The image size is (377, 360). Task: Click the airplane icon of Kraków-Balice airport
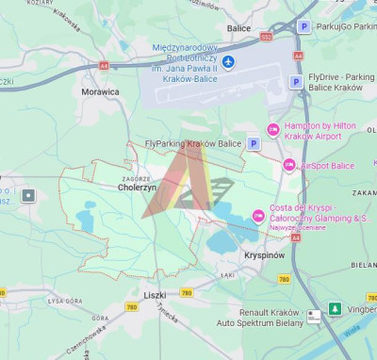(229, 62)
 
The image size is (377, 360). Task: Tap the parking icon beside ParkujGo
(303, 26)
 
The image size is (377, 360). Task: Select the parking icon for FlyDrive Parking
(295, 82)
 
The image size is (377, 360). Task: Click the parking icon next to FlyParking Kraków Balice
(253, 143)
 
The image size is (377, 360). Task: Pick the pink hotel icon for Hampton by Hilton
(273, 129)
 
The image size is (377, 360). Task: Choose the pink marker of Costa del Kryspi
(258, 217)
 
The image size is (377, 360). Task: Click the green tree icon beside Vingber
(335, 309)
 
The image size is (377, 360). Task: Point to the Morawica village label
(100, 92)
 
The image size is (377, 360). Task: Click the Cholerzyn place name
(137, 187)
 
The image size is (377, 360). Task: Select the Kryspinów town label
(263, 255)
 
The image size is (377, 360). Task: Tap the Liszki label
(155, 295)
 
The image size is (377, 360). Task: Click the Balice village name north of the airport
(238, 28)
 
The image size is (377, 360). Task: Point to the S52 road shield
(266, 36)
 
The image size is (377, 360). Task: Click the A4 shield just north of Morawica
(103, 66)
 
